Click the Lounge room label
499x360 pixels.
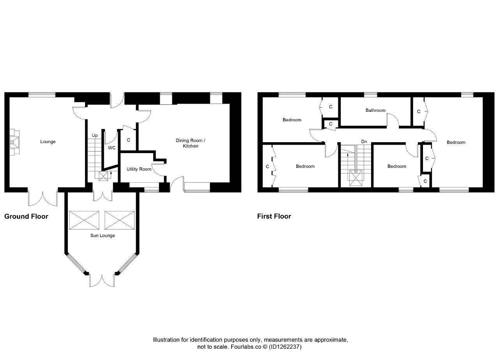[x=48, y=142]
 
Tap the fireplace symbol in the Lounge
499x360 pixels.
[x=14, y=142]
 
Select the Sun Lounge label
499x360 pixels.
[x=103, y=236]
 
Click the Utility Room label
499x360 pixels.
[x=139, y=169]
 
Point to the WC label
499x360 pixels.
[x=111, y=148]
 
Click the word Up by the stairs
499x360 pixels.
[x=95, y=136]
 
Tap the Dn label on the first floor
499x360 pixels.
[x=364, y=141]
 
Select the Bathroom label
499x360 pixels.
[x=375, y=110]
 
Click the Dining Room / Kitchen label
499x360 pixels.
[x=191, y=143]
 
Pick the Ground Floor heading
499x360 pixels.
[x=26, y=216]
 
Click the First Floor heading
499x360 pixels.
[x=274, y=216]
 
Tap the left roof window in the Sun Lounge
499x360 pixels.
[x=84, y=220]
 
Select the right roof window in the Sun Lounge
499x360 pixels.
[x=119, y=220]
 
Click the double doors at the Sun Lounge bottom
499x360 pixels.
[x=102, y=281]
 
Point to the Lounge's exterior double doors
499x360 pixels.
[x=42, y=199]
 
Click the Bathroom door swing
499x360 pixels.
[x=393, y=120]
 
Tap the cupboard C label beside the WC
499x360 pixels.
[x=128, y=140]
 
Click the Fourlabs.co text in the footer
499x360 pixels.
[x=246, y=347]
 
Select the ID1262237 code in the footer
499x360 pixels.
[x=285, y=347]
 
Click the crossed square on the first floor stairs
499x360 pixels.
[x=356, y=178]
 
